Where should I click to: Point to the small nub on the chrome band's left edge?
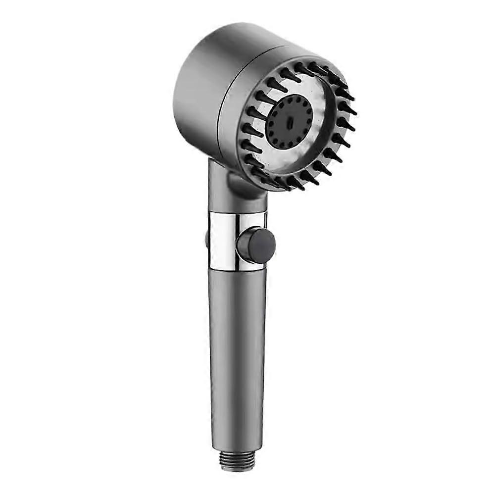207,239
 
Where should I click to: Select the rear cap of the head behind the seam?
198,89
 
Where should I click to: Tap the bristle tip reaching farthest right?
355,112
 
